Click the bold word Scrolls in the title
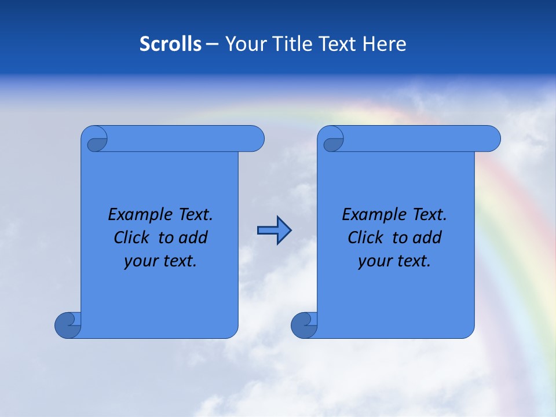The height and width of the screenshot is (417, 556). (x=170, y=44)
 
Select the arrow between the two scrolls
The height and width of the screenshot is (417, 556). (x=274, y=231)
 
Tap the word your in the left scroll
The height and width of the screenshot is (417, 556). (x=140, y=261)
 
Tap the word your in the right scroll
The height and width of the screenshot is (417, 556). (x=374, y=261)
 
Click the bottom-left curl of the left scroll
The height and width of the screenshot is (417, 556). (x=68, y=324)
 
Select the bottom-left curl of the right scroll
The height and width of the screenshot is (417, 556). (x=304, y=324)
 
